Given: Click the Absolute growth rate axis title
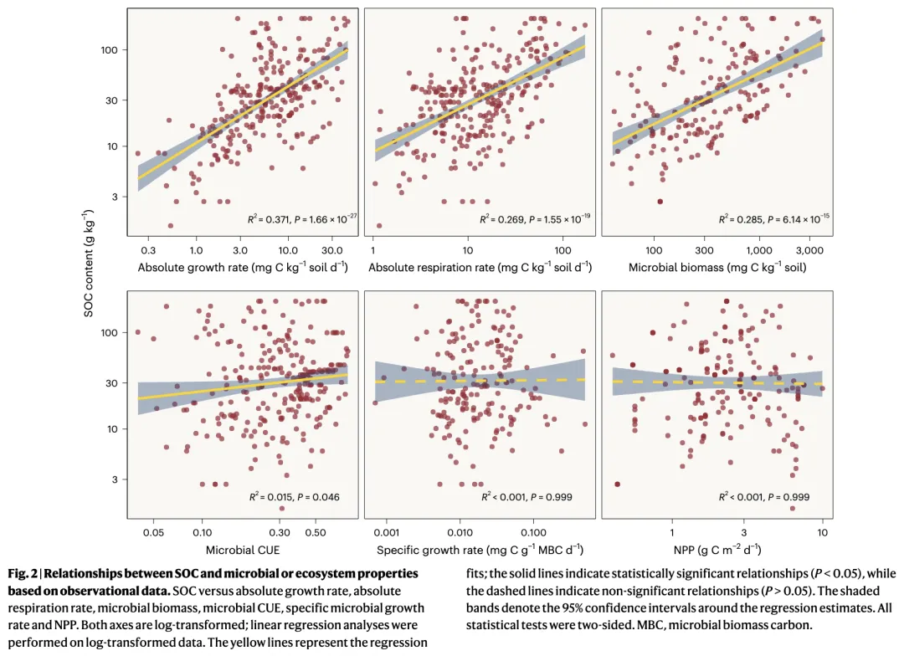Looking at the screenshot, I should click(243, 268).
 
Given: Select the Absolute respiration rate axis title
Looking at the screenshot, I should click(480, 268).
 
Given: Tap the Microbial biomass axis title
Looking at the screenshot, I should click(717, 268).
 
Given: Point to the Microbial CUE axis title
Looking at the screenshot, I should click(243, 551).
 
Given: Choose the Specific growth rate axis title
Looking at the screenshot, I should click(480, 551).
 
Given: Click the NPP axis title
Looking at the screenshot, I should click(717, 551).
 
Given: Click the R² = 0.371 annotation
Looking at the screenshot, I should click(302, 219).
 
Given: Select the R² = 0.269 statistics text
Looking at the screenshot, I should click(536, 219).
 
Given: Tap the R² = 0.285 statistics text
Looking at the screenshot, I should click(774, 219).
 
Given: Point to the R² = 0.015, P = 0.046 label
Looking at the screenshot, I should click(294, 497).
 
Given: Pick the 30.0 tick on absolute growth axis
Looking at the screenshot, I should click(332, 250).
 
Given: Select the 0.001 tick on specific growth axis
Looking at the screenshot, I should click(386, 532).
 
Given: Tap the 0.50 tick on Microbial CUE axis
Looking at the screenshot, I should click(315, 532).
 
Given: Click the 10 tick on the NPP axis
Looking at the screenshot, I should click(823, 532).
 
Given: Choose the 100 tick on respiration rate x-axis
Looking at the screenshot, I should click(562, 250).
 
